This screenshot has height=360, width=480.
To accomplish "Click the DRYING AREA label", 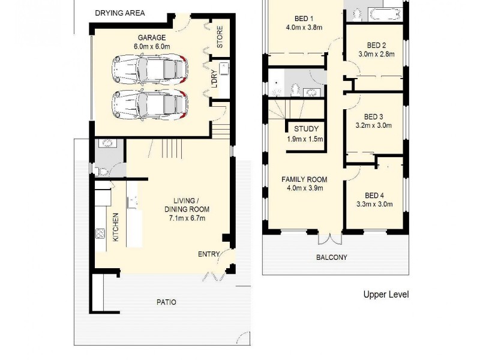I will tap(119, 13).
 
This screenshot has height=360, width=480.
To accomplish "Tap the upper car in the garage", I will tap(149, 70).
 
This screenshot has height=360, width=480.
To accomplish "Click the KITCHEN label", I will tap(116, 227).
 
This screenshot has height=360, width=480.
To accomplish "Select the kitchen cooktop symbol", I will tap(100, 233).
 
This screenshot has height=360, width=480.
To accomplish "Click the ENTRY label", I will tap(209, 254).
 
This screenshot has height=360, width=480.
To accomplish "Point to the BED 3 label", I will tap(373, 116).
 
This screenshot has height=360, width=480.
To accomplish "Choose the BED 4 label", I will tap(373, 195).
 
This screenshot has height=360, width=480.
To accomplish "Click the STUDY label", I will tap(305, 129).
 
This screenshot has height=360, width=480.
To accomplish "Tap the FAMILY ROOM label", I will tap(305, 179).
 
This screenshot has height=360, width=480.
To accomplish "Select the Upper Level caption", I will tap(386, 295).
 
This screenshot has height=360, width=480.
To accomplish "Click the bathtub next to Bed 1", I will tap(383, 14).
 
